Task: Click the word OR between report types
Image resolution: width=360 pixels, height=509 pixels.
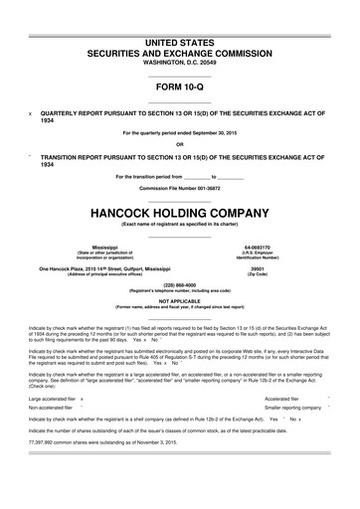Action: pos(180,144)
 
